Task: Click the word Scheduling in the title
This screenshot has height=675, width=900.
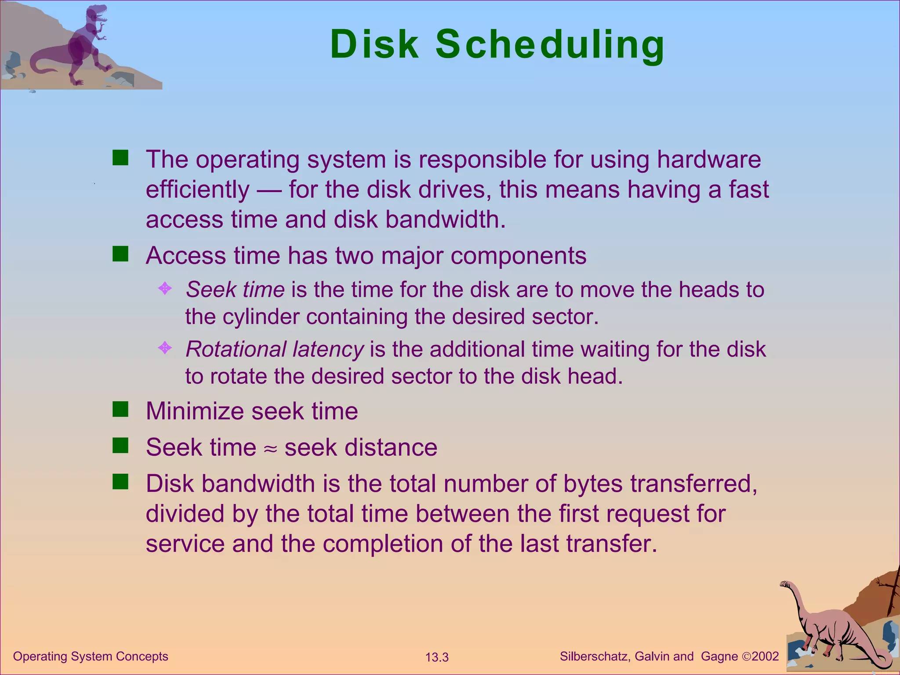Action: [550, 44]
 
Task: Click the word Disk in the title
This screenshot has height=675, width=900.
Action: [374, 44]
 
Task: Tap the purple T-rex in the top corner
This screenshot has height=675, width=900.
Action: [85, 44]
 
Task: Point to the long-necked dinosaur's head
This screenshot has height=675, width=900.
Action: [785, 585]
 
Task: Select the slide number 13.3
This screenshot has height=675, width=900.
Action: [437, 657]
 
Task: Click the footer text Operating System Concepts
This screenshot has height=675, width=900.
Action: [91, 657]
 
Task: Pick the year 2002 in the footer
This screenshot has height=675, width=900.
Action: [765, 657]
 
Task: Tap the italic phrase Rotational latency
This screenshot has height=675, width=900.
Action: [275, 350]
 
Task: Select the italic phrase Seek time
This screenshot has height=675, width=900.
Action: [235, 290]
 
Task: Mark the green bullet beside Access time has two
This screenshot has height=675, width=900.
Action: [120, 254]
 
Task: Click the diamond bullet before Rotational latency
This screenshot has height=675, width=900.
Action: [165, 348]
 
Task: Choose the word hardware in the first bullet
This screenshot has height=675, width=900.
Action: [709, 160]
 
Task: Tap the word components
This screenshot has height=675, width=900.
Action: [519, 256]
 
